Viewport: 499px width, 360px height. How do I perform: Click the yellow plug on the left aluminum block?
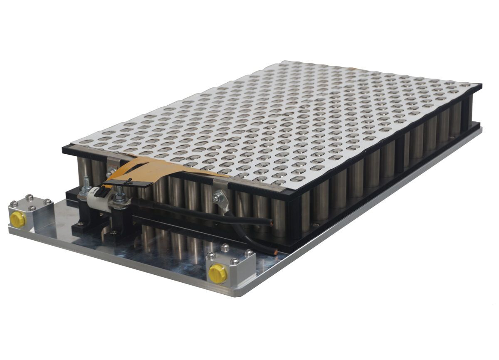18,219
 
